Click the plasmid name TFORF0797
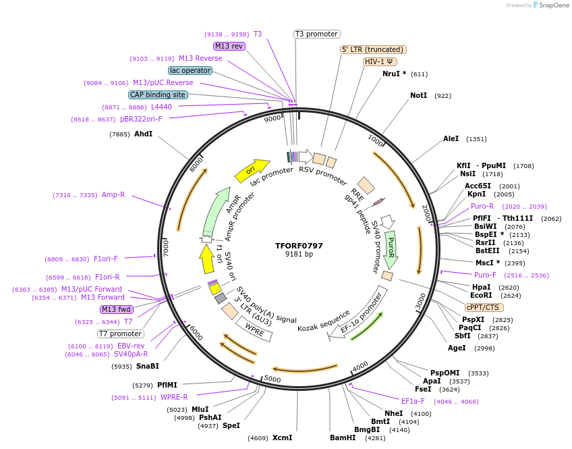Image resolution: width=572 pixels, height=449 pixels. pyautogui.click(x=299, y=245)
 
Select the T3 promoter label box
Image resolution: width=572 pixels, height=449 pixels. pyautogui.click(x=317, y=34)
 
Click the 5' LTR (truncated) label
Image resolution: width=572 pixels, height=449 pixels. pyautogui.click(x=373, y=49)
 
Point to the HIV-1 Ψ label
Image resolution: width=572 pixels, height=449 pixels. pyautogui.click(x=380, y=61)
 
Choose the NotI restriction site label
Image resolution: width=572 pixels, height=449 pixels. pyautogui.click(x=418, y=96)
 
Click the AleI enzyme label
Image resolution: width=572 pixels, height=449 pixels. pyautogui.click(x=451, y=139)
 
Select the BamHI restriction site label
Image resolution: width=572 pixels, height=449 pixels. pyautogui.click(x=343, y=438)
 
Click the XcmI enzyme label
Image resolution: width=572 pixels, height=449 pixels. pyautogui.click(x=282, y=438)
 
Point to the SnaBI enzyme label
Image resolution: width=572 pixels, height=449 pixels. pyautogui.click(x=147, y=367)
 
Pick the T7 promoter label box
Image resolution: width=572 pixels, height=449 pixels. pyautogui.click(x=121, y=334)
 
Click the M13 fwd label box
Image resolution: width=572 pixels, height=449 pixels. pyautogui.click(x=116, y=309)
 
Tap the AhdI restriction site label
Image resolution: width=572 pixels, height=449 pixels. pyautogui.click(x=143, y=134)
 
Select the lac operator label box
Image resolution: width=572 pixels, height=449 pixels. pyautogui.click(x=190, y=70)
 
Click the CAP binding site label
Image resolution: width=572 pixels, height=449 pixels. pyautogui.click(x=158, y=95)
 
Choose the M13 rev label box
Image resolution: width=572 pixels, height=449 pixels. pyautogui.click(x=229, y=46)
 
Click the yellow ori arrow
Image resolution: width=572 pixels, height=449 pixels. pyautogui.click(x=251, y=170)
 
